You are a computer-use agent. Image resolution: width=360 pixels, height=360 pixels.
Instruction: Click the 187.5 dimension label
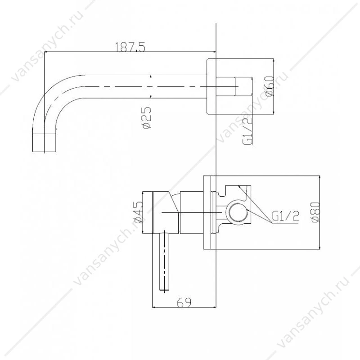click(x=130, y=47)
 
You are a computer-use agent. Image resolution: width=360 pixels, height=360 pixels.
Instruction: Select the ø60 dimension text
click(x=269, y=86)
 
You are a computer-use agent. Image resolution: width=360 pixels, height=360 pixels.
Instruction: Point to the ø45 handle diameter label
click(x=138, y=212)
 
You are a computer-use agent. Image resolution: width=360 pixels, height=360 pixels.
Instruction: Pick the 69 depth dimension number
click(x=184, y=302)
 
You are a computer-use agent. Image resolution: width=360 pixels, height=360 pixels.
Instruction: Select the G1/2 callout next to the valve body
click(x=285, y=216)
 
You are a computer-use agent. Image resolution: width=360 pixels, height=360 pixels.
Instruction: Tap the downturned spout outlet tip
click(x=44, y=143)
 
